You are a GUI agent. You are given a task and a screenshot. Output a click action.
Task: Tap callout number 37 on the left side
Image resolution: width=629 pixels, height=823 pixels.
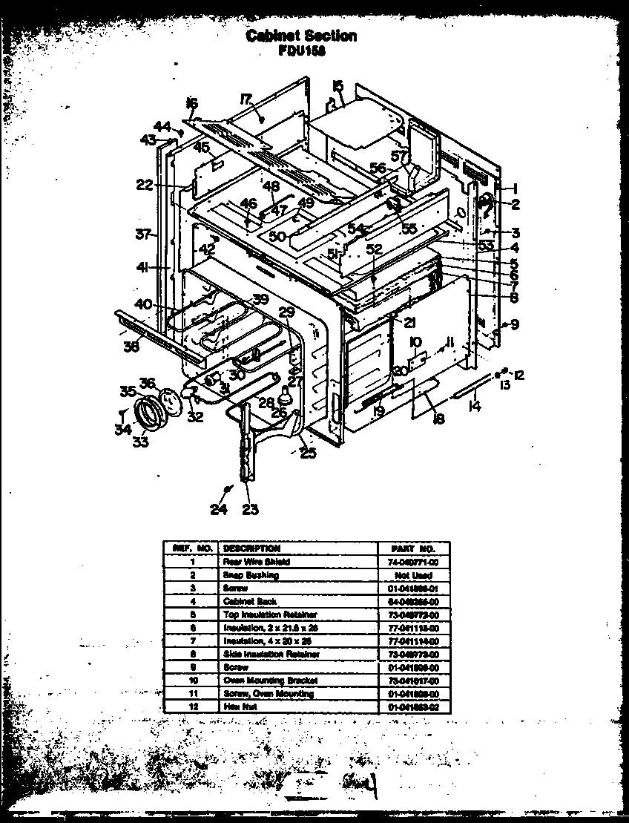click(x=144, y=235)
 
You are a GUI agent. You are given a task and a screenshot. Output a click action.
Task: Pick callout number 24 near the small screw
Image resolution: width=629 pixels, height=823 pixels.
click(x=217, y=509)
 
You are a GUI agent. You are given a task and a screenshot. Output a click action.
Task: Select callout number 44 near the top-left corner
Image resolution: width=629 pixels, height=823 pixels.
click(x=162, y=125)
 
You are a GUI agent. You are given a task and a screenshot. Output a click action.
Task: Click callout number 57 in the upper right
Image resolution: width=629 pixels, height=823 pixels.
click(x=400, y=157)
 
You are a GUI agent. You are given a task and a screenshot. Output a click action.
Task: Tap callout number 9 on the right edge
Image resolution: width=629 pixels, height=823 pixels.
click(x=513, y=324)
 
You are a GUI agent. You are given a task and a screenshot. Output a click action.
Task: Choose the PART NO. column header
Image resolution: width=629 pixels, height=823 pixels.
click(x=413, y=548)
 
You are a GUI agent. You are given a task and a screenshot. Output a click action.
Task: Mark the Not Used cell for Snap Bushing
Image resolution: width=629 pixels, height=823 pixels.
click(x=413, y=575)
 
